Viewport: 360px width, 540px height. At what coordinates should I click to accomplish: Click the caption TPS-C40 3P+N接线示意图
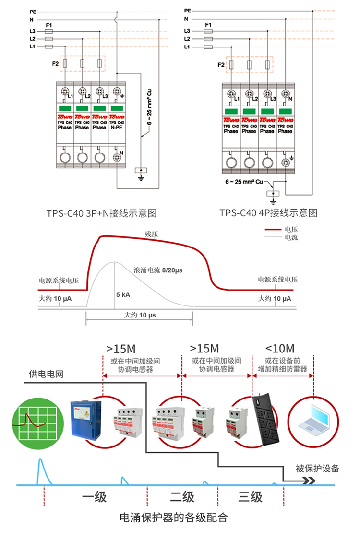click(x=101, y=213)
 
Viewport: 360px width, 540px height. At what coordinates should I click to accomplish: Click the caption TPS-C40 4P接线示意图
click(x=268, y=213)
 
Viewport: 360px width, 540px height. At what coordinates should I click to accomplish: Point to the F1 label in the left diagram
click(x=48, y=24)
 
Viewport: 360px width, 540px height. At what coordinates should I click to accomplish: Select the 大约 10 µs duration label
click(x=139, y=315)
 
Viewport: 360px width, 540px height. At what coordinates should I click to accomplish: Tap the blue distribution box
click(x=86, y=418)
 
